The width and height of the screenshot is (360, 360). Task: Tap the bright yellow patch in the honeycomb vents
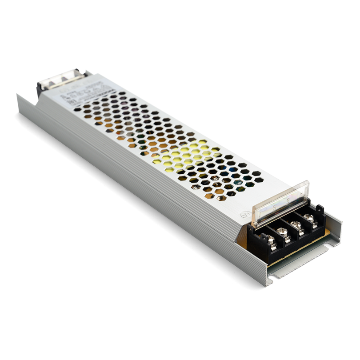pos(187,154)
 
